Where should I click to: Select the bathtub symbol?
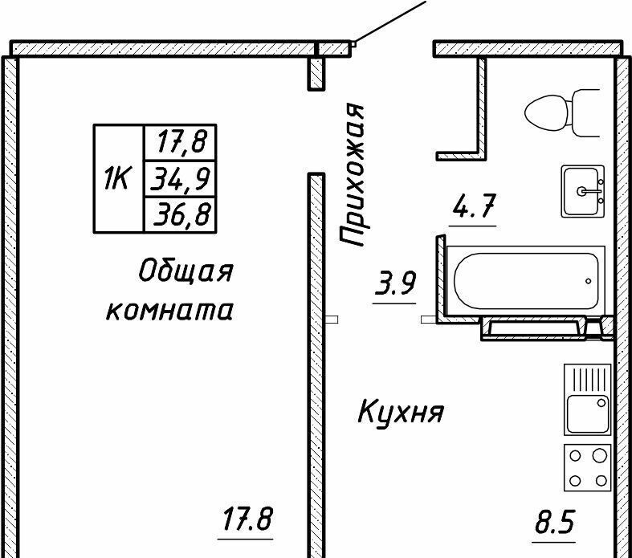pos(527,280)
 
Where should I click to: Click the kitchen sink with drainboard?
pos(588,398)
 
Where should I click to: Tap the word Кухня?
pos(400,413)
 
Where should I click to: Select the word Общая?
pos(186,272)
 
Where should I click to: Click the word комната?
pos(169,310)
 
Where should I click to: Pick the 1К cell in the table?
pos(117,178)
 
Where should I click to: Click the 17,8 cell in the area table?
pos(181,143)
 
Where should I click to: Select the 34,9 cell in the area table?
pos(181,178)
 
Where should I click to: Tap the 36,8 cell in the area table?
pos(181,214)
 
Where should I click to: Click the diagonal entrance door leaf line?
pos(389,22)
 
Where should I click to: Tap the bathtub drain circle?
pos(589,281)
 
